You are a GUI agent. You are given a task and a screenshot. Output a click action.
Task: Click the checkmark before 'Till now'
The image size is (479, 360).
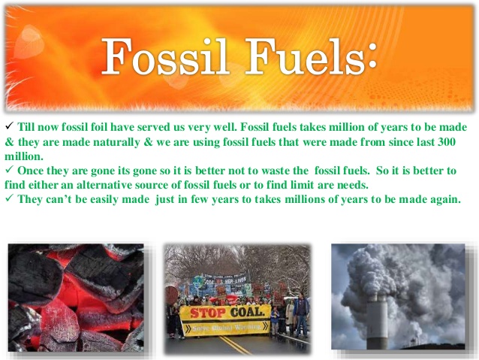8,128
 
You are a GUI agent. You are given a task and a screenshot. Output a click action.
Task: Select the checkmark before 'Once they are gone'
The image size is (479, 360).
8,171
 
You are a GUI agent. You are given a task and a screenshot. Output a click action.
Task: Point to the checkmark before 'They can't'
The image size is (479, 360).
8,199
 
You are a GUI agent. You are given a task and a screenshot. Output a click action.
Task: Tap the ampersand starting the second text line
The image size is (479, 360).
8,142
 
